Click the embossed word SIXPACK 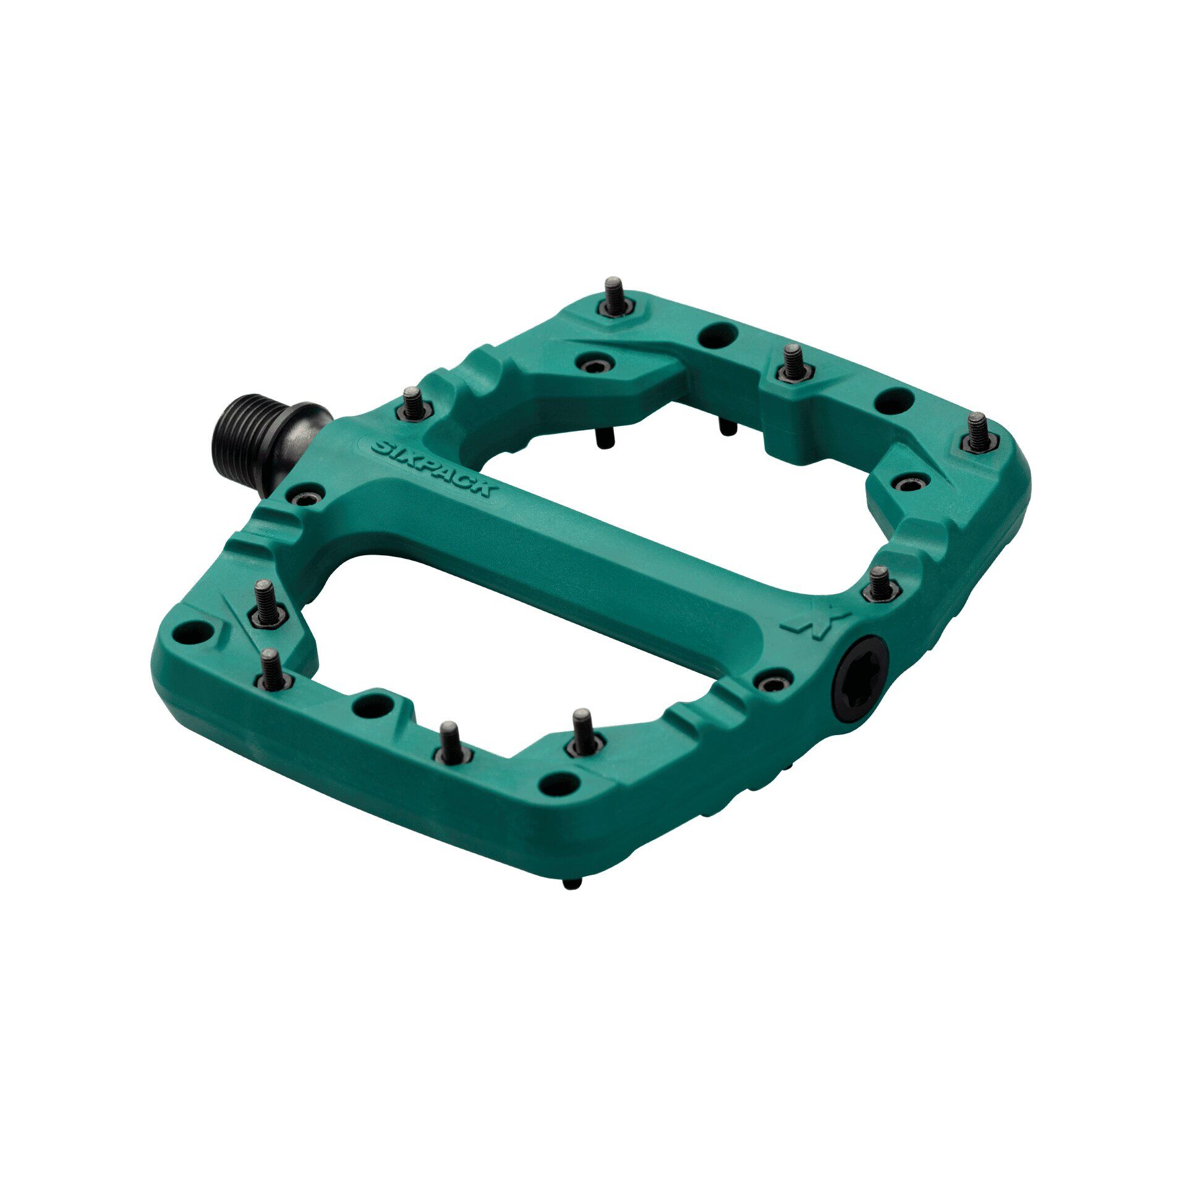432,468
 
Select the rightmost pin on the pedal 978,433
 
